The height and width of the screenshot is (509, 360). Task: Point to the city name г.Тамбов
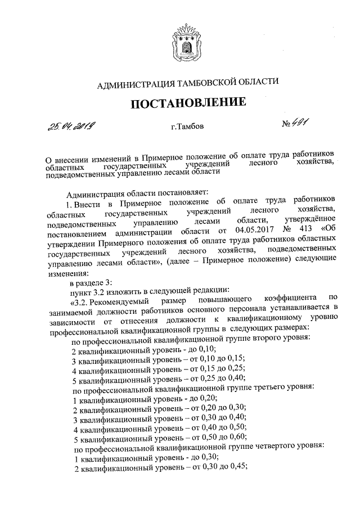(x=188, y=127)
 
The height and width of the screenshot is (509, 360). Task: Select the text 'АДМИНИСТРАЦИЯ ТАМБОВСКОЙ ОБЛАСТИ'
(x=188, y=84)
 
